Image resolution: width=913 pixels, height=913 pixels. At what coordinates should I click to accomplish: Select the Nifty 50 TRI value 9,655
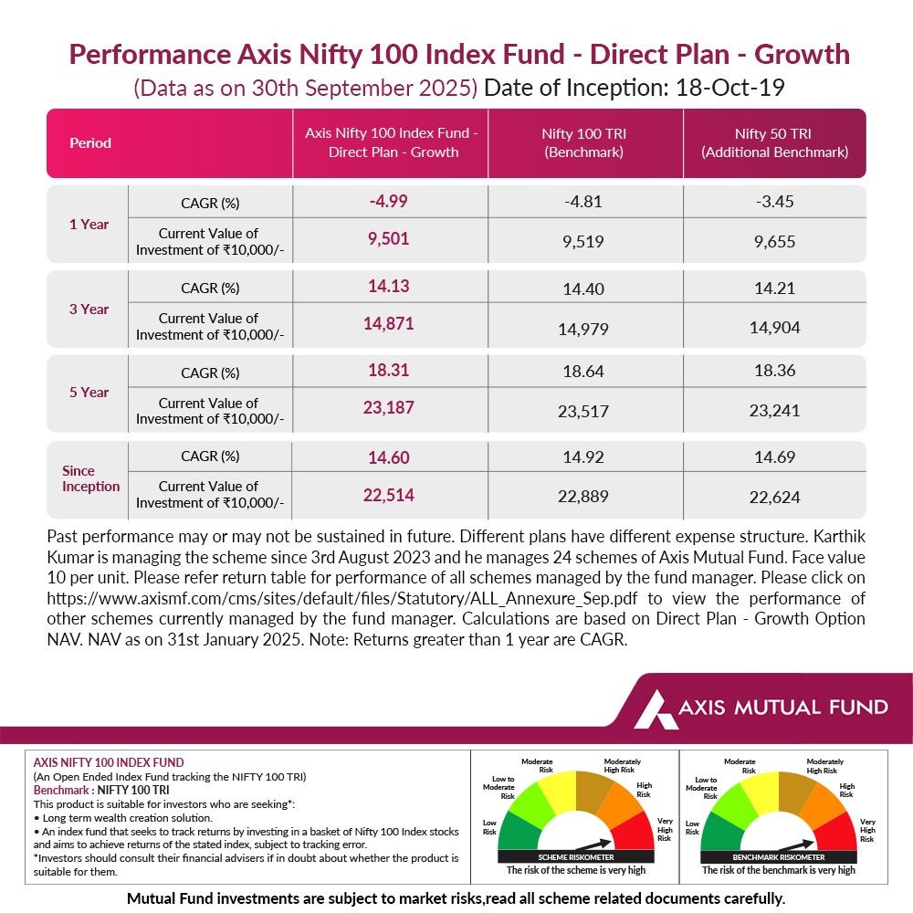[774, 242]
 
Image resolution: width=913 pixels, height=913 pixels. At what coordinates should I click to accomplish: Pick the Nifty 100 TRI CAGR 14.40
[584, 289]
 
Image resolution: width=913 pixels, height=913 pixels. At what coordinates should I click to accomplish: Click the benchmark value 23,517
[584, 411]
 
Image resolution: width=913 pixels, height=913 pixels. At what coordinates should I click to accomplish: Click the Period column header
[90, 143]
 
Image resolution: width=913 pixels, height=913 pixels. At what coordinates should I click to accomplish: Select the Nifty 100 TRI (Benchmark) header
[584, 143]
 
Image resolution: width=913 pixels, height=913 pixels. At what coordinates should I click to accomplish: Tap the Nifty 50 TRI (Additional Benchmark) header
[774, 143]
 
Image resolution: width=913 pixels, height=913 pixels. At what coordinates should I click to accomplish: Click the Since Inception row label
[89, 478]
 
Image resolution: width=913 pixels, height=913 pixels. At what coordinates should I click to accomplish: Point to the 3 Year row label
[89, 309]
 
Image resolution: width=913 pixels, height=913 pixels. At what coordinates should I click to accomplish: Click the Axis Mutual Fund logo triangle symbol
[656, 708]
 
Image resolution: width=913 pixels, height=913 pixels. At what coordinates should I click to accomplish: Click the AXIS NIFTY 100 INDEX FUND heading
[108, 761]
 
